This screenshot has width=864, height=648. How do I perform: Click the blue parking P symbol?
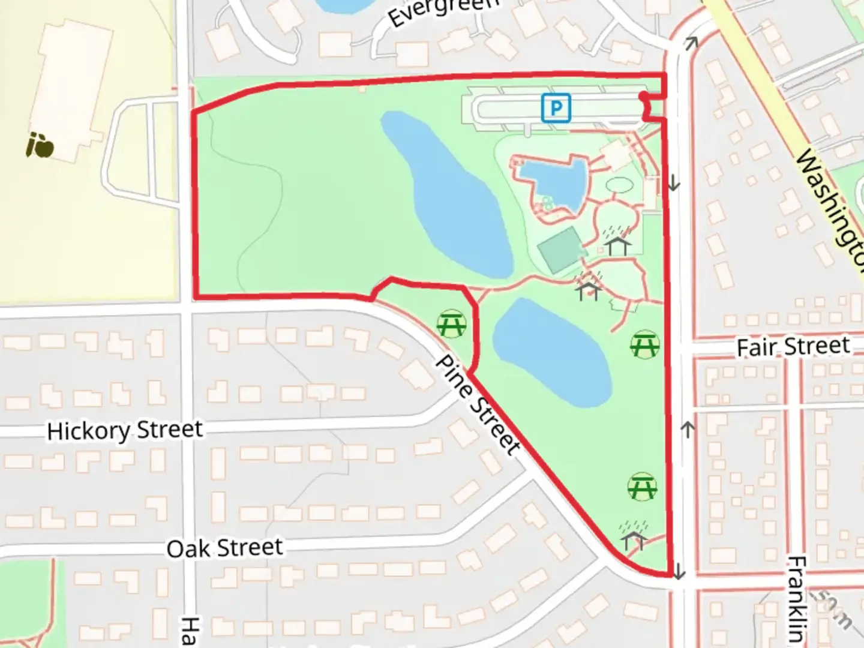click(556, 108)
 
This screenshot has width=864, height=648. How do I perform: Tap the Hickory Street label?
click(125, 431)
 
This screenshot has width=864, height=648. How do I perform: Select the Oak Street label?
click(224, 548)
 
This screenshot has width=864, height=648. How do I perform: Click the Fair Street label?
click(793, 347)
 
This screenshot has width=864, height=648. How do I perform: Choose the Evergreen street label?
click(443, 12)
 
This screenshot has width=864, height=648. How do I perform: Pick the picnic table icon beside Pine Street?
click(451, 324)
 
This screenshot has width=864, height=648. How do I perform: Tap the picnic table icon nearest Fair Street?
click(645, 345)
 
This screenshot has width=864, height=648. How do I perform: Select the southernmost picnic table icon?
click(642, 487)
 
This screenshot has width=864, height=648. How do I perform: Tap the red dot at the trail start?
click(643, 96)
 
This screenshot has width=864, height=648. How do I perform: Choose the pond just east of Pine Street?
click(551, 351)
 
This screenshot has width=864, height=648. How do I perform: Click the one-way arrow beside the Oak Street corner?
click(678, 571)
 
